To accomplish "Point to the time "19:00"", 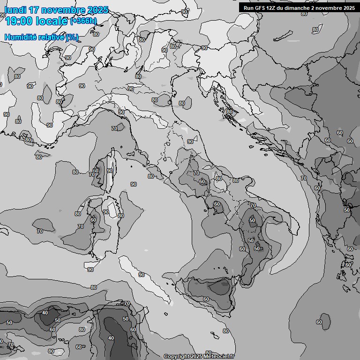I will (x=18, y=21).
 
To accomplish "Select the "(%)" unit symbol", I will (x=72, y=37).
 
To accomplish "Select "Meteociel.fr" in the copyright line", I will (x=218, y=357).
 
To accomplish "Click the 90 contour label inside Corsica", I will (x=109, y=171).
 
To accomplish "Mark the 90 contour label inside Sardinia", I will (x=105, y=212).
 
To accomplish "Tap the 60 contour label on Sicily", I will (x=206, y=299).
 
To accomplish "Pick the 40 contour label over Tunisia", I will (x=111, y=338).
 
